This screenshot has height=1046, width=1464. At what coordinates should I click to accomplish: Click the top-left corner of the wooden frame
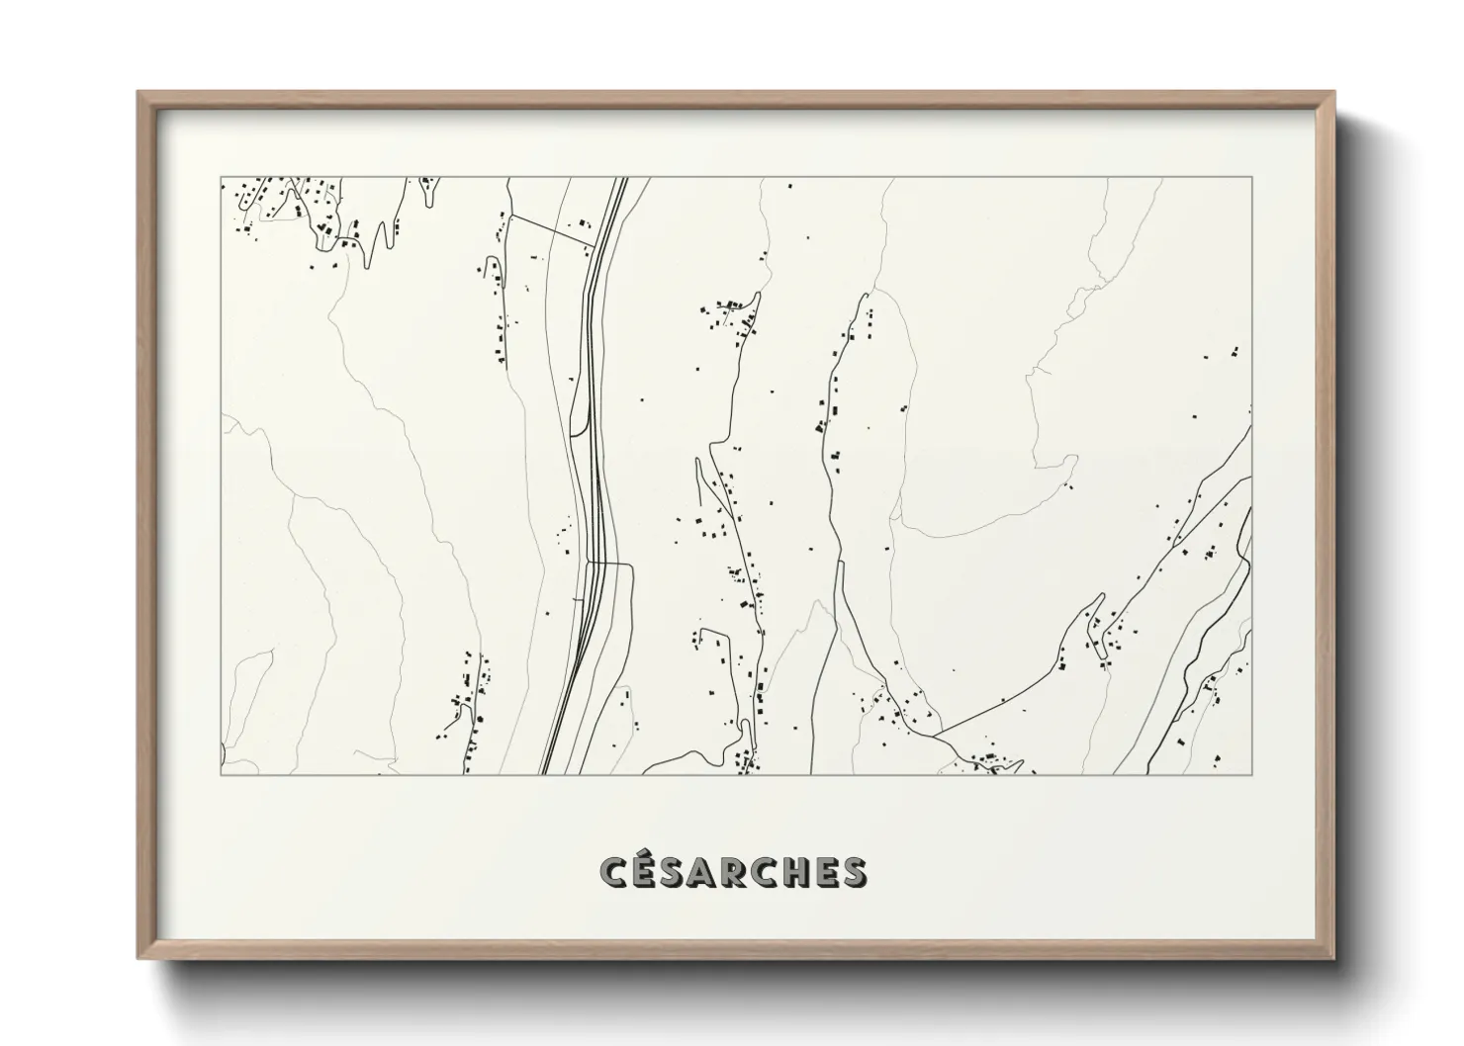tap(138, 93)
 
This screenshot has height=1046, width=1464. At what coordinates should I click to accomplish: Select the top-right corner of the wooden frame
tap(1334, 93)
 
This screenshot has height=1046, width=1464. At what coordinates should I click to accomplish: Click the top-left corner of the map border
tap(222, 178)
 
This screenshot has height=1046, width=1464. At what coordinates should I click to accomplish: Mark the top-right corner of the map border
tap(1251, 178)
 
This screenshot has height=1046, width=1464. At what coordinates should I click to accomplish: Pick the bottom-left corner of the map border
tap(222, 774)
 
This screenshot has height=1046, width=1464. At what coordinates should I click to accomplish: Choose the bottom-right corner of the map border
tap(1251, 774)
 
